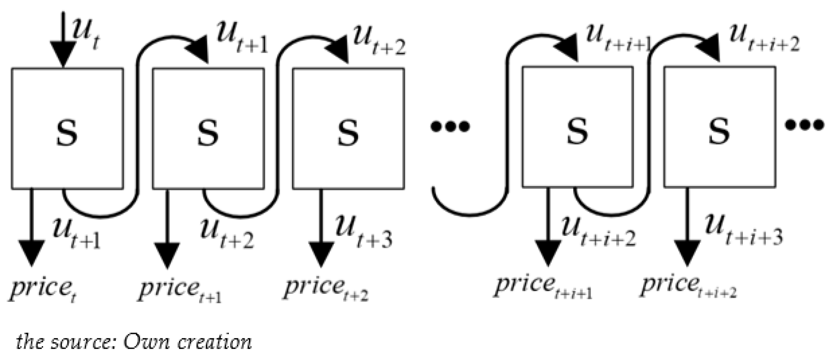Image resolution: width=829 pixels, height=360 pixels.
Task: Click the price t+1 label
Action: [x=180, y=290]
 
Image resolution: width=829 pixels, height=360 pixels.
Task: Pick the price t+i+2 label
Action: [x=688, y=286]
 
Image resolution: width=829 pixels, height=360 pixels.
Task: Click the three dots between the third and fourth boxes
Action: [x=450, y=126]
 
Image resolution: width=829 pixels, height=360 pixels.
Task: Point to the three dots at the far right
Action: [x=804, y=125]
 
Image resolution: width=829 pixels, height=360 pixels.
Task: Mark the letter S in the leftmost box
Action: [x=67, y=131]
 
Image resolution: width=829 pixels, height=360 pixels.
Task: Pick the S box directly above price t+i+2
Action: [x=719, y=127]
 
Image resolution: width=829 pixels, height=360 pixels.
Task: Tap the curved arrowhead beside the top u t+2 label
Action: [x=338, y=50]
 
